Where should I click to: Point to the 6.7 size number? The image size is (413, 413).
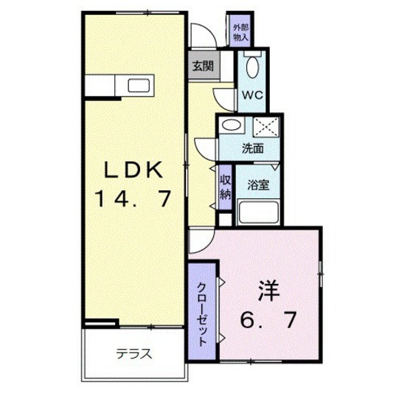(268, 320)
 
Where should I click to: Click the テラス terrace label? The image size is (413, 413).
(133, 353)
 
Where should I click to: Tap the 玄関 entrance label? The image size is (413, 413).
(203, 66)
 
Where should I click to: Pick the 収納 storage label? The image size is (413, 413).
(226, 184)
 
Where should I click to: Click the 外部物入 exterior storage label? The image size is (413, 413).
(240, 32)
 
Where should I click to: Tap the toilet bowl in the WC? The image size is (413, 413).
(252, 69)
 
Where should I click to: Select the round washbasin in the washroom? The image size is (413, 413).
(231, 125)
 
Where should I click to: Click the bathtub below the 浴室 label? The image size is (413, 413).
(257, 215)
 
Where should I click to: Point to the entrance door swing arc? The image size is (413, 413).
(200, 35)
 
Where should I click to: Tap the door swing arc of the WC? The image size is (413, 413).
(224, 95)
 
